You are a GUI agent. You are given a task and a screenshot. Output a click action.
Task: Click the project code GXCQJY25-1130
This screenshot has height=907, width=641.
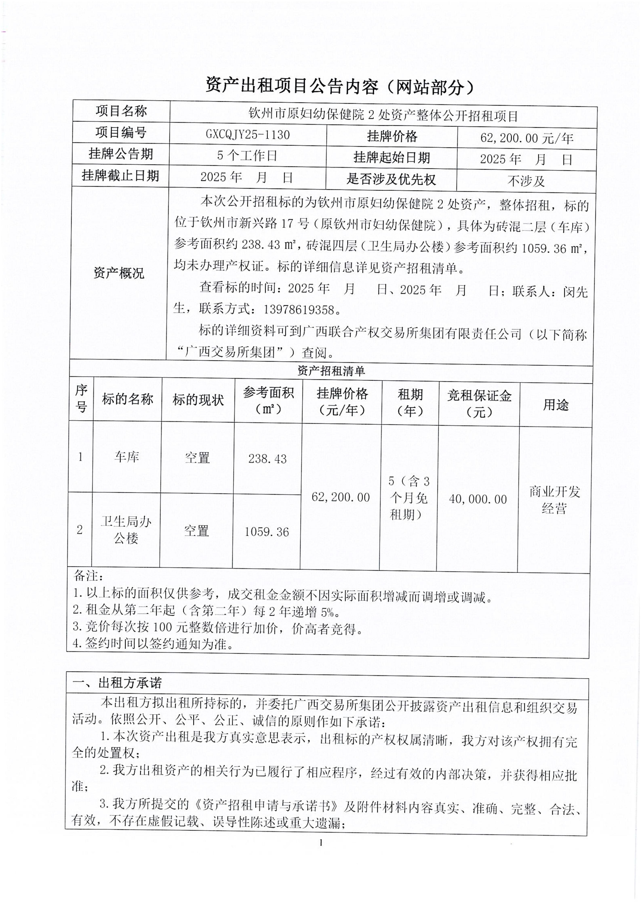coord(248,135)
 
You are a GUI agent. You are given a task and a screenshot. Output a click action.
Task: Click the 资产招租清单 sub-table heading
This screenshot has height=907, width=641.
coord(331,371)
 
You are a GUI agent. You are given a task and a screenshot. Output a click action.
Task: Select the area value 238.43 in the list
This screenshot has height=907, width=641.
coord(267,459)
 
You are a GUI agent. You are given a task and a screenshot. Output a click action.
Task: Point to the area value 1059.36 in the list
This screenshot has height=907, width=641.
coord(266,532)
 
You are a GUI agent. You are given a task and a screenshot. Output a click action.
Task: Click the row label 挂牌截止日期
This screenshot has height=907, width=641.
coord(120,176)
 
